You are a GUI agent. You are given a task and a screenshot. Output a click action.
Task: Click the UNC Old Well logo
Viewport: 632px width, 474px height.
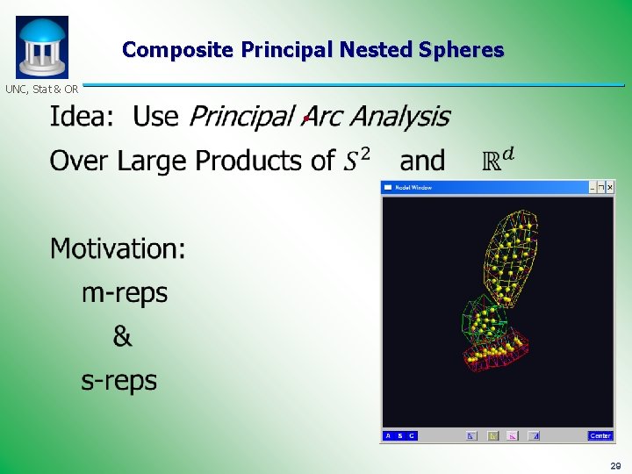(x=41, y=47)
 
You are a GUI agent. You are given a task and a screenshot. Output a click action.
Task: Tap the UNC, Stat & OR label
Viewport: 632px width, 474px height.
(x=41, y=90)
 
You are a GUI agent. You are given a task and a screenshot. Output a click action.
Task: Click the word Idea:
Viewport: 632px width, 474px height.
(x=83, y=116)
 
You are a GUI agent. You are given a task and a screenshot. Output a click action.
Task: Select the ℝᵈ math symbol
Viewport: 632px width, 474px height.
(x=499, y=160)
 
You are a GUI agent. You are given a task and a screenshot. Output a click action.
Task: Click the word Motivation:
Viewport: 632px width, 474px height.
(x=118, y=248)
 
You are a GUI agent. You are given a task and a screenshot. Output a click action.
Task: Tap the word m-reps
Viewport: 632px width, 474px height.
(x=124, y=292)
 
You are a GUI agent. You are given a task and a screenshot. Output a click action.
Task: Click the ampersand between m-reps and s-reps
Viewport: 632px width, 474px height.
(x=122, y=336)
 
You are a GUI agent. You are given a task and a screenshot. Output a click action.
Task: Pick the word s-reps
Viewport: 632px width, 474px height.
(x=118, y=380)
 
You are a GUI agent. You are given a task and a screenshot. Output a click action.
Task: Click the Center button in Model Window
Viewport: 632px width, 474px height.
(x=600, y=435)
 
